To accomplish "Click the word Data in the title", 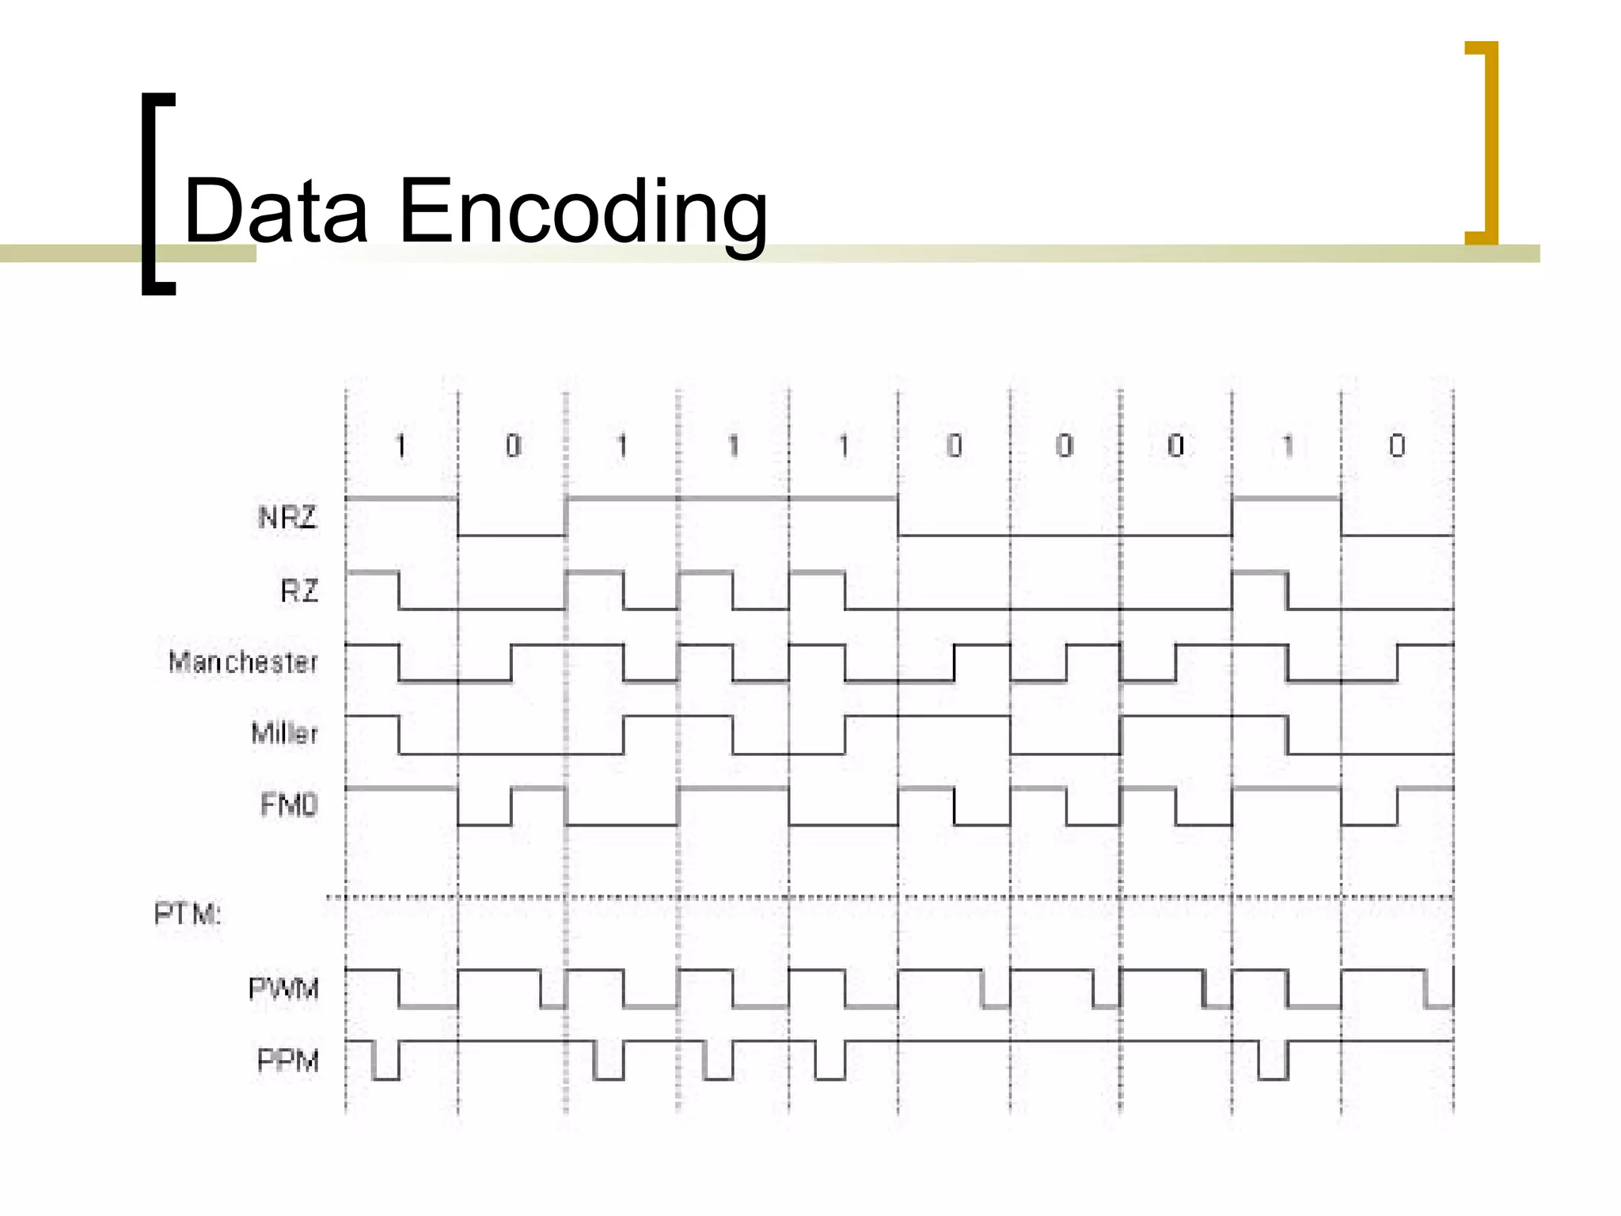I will pyautogui.click(x=275, y=211).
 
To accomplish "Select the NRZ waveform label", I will pyautogui.click(x=287, y=518).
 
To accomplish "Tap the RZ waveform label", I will pyautogui.click(x=299, y=591).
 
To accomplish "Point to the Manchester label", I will pyautogui.click(x=243, y=662).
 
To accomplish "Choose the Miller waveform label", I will pyautogui.click(x=284, y=733).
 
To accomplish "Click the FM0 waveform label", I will pyautogui.click(x=289, y=805).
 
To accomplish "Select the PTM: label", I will pyautogui.click(x=188, y=914).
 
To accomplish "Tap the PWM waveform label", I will pyautogui.click(x=283, y=989).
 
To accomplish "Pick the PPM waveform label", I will pyautogui.click(x=288, y=1060).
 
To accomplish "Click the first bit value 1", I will pyautogui.click(x=401, y=446).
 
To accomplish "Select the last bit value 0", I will pyautogui.click(x=1397, y=446).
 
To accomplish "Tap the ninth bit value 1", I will pyautogui.click(x=1287, y=446).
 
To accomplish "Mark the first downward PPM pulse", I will pyautogui.click(x=385, y=1061).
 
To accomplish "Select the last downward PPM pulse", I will pyautogui.click(x=1273, y=1061).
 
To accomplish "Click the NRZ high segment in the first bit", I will pyautogui.click(x=401, y=499).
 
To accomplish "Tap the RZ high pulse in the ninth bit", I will pyautogui.click(x=1259, y=572).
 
